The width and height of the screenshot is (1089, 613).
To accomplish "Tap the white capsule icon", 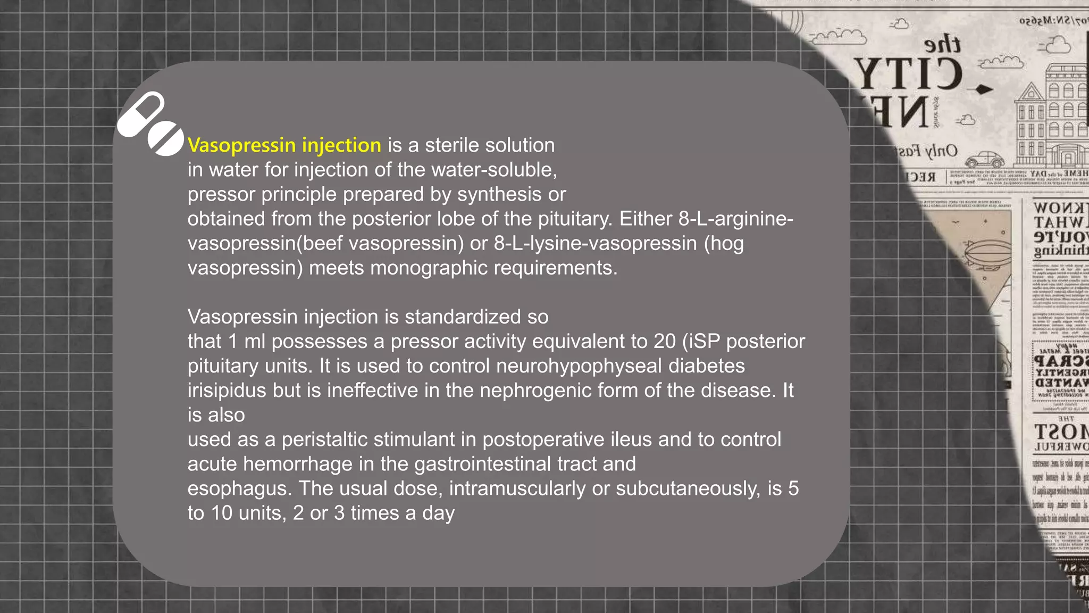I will point(141,114).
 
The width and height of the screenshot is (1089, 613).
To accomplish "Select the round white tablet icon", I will point(165,139).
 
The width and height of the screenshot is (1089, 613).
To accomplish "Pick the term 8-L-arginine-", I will point(736,219).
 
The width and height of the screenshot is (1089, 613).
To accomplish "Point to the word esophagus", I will point(239,488).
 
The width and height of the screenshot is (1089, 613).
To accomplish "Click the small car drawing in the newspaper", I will point(984,160).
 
